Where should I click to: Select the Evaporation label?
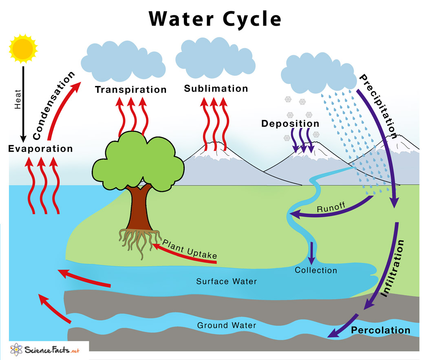pos(40,148)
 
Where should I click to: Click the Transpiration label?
pos(131,89)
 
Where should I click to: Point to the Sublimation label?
pos(216,88)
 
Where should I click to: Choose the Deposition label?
pos(290,124)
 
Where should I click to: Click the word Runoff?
pos(331,208)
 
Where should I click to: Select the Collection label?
pos(316,270)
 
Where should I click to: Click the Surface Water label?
pos(227,281)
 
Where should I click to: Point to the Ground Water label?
pos(227,325)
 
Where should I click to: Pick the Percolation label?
pos(381,330)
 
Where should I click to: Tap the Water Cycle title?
pos(214,19)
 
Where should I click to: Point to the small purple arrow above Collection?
pos(312,253)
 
